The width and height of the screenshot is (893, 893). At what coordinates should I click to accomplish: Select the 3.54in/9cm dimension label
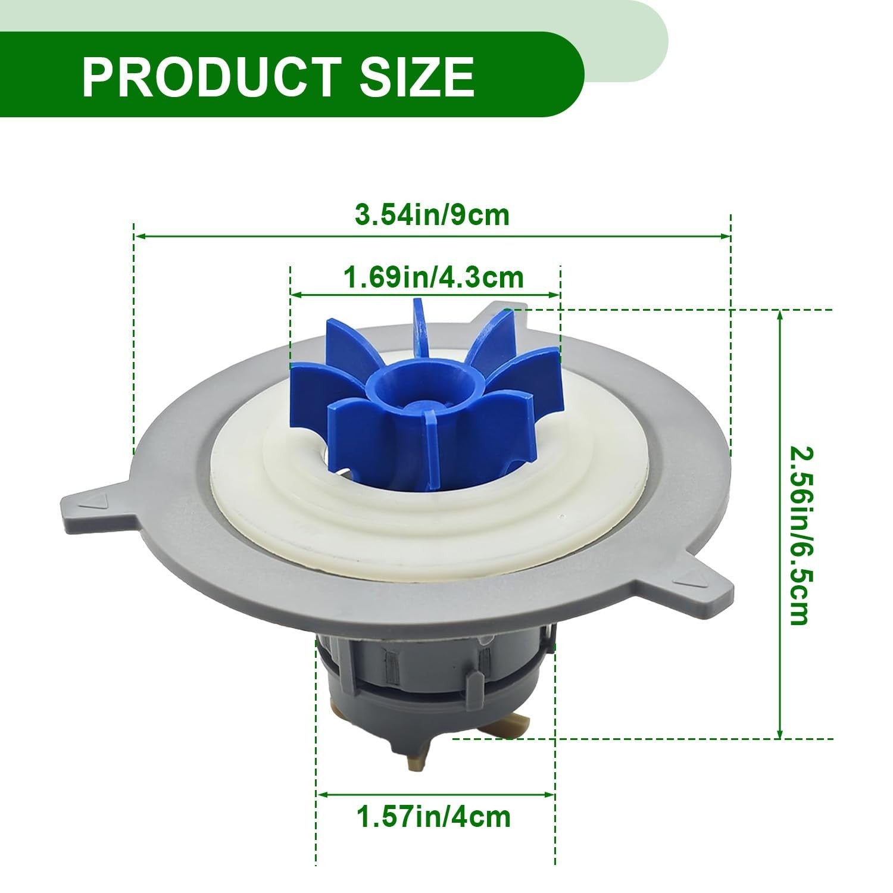coord(432,215)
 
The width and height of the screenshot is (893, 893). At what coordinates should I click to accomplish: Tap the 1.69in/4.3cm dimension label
coord(434,277)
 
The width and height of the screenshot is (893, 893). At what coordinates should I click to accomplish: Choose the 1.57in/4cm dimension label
coord(433,817)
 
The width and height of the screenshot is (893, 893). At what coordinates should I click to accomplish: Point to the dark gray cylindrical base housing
coord(429,685)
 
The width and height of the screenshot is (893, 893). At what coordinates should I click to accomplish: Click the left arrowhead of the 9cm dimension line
coord(139,236)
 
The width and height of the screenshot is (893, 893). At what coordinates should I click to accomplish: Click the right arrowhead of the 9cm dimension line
coord(727,236)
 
